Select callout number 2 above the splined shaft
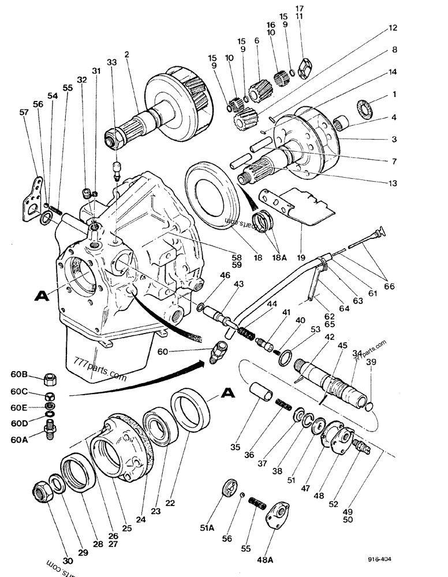click(x=126, y=55)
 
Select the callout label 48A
click(x=270, y=544)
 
